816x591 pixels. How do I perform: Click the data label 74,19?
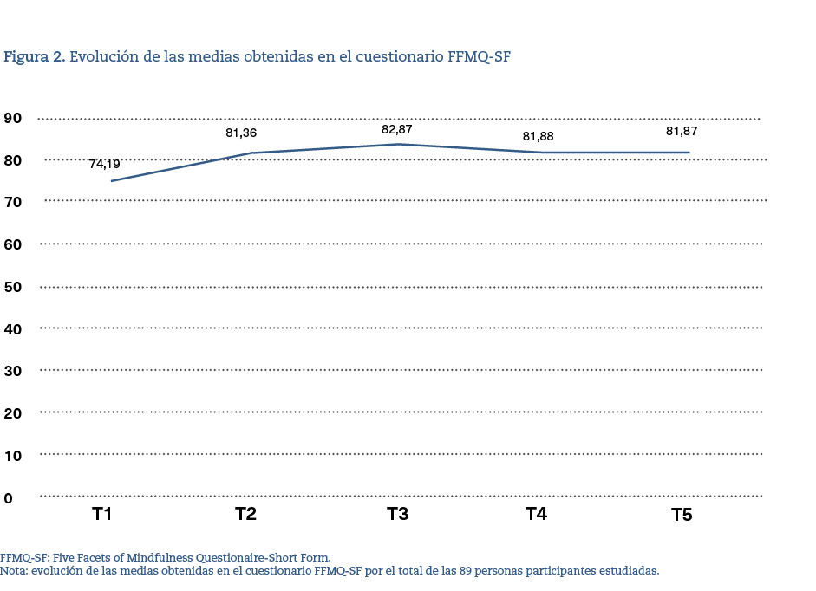coord(104,163)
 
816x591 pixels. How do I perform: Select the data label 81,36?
coord(241,133)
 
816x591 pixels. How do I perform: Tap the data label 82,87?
coord(396,130)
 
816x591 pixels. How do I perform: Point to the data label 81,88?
coord(538,136)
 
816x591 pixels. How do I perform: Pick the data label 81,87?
coord(682,131)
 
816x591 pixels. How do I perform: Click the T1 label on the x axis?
coord(102,515)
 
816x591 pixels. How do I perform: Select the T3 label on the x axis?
coord(397,515)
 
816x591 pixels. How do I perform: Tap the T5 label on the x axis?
coord(682,516)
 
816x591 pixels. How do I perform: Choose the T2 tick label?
coord(245,515)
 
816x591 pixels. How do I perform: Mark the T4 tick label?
coord(536,515)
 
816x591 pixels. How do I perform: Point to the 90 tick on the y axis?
coord(13,118)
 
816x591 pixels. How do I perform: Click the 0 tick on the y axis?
coord(9,498)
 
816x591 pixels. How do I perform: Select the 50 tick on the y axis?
coord(13,287)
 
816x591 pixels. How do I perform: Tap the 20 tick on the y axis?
coord(13,413)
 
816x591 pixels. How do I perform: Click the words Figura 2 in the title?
coord(34,57)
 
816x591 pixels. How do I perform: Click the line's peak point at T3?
coord(397,144)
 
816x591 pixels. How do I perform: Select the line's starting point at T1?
coord(112,181)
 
